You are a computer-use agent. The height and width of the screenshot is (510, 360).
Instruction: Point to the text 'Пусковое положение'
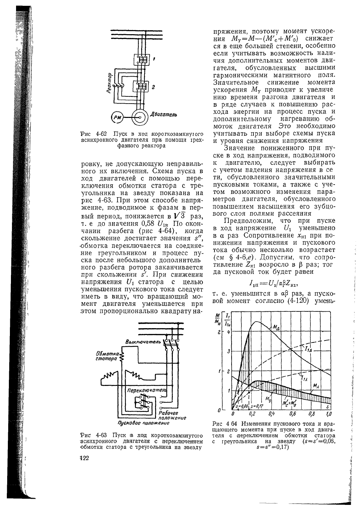coord(143,423)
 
